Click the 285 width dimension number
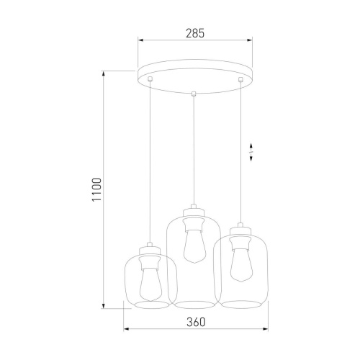tap(194, 32)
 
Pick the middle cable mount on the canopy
tap(194, 92)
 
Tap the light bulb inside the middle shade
tap(194, 245)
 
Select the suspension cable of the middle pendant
tap(194, 151)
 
